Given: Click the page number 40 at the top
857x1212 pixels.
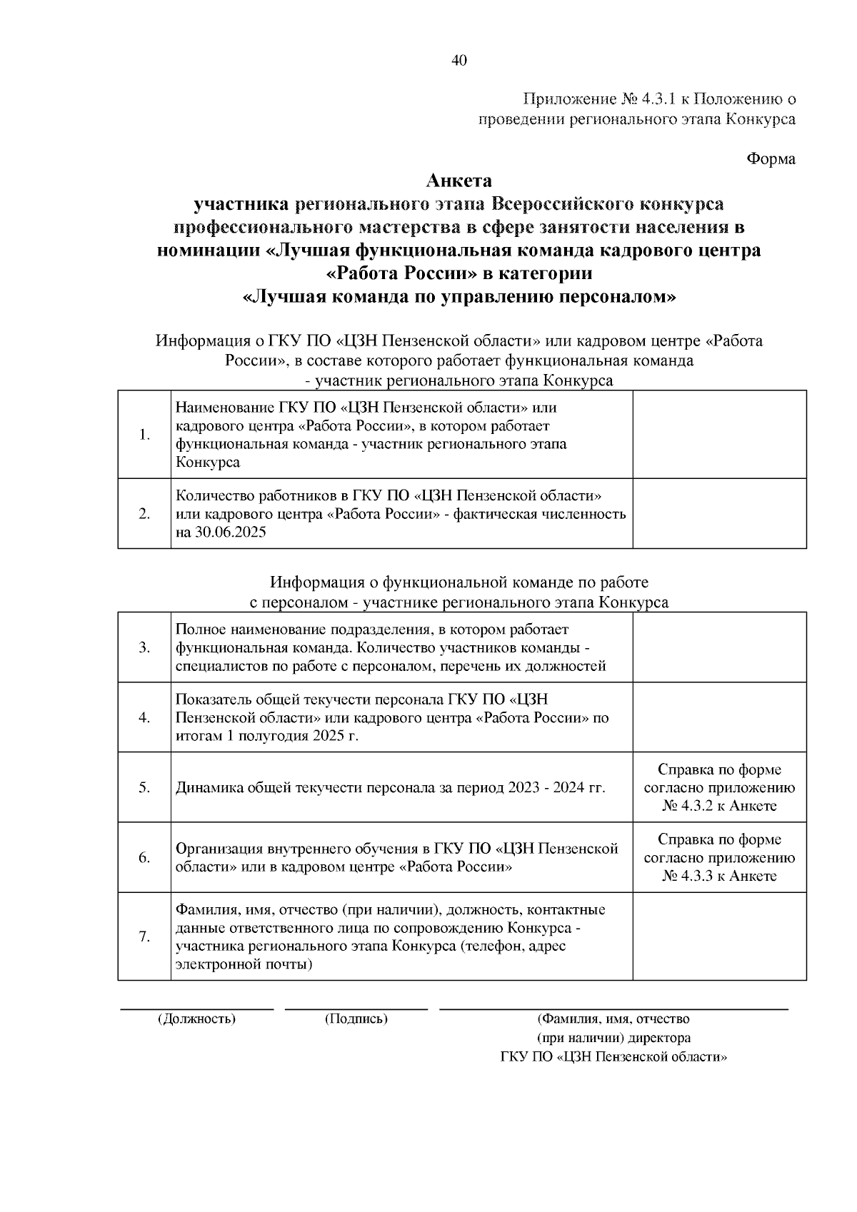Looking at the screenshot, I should [x=459, y=61].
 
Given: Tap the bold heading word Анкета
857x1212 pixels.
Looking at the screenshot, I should [x=459, y=181].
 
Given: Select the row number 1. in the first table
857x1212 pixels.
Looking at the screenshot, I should [x=144, y=435].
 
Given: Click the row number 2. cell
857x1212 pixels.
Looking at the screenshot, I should [x=144, y=513].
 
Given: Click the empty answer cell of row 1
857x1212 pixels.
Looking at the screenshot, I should [x=719, y=435].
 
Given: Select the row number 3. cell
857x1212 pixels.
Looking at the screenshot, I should [x=144, y=647].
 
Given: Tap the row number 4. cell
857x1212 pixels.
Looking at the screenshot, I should [x=144, y=717].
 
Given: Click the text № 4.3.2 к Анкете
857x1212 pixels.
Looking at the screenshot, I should [x=719, y=806].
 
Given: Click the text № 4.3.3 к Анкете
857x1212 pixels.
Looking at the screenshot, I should [x=719, y=876].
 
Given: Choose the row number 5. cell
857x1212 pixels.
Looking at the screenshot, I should [x=144, y=787].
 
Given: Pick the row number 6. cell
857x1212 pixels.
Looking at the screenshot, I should [x=144, y=857].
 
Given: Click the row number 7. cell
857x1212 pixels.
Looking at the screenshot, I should [x=144, y=936].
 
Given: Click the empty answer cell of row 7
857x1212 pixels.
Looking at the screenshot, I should [x=719, y=936].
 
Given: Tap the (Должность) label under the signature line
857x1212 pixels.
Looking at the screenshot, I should [x=196, y=1019].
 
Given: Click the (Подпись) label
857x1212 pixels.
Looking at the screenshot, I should [x=356, y=1019].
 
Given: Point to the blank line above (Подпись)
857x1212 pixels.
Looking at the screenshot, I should [x=356, y=1009].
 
